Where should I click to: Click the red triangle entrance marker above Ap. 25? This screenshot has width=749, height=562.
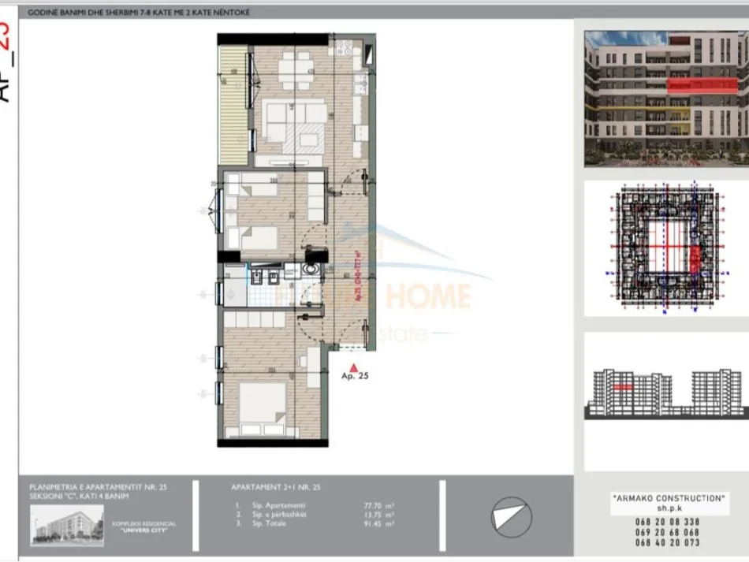click(355, 366)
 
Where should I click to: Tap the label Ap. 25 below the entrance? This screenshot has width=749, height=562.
click(356, 377)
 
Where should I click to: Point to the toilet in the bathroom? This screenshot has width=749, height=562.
click(312, 270)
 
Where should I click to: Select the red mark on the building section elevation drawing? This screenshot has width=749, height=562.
click(624, 387)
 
